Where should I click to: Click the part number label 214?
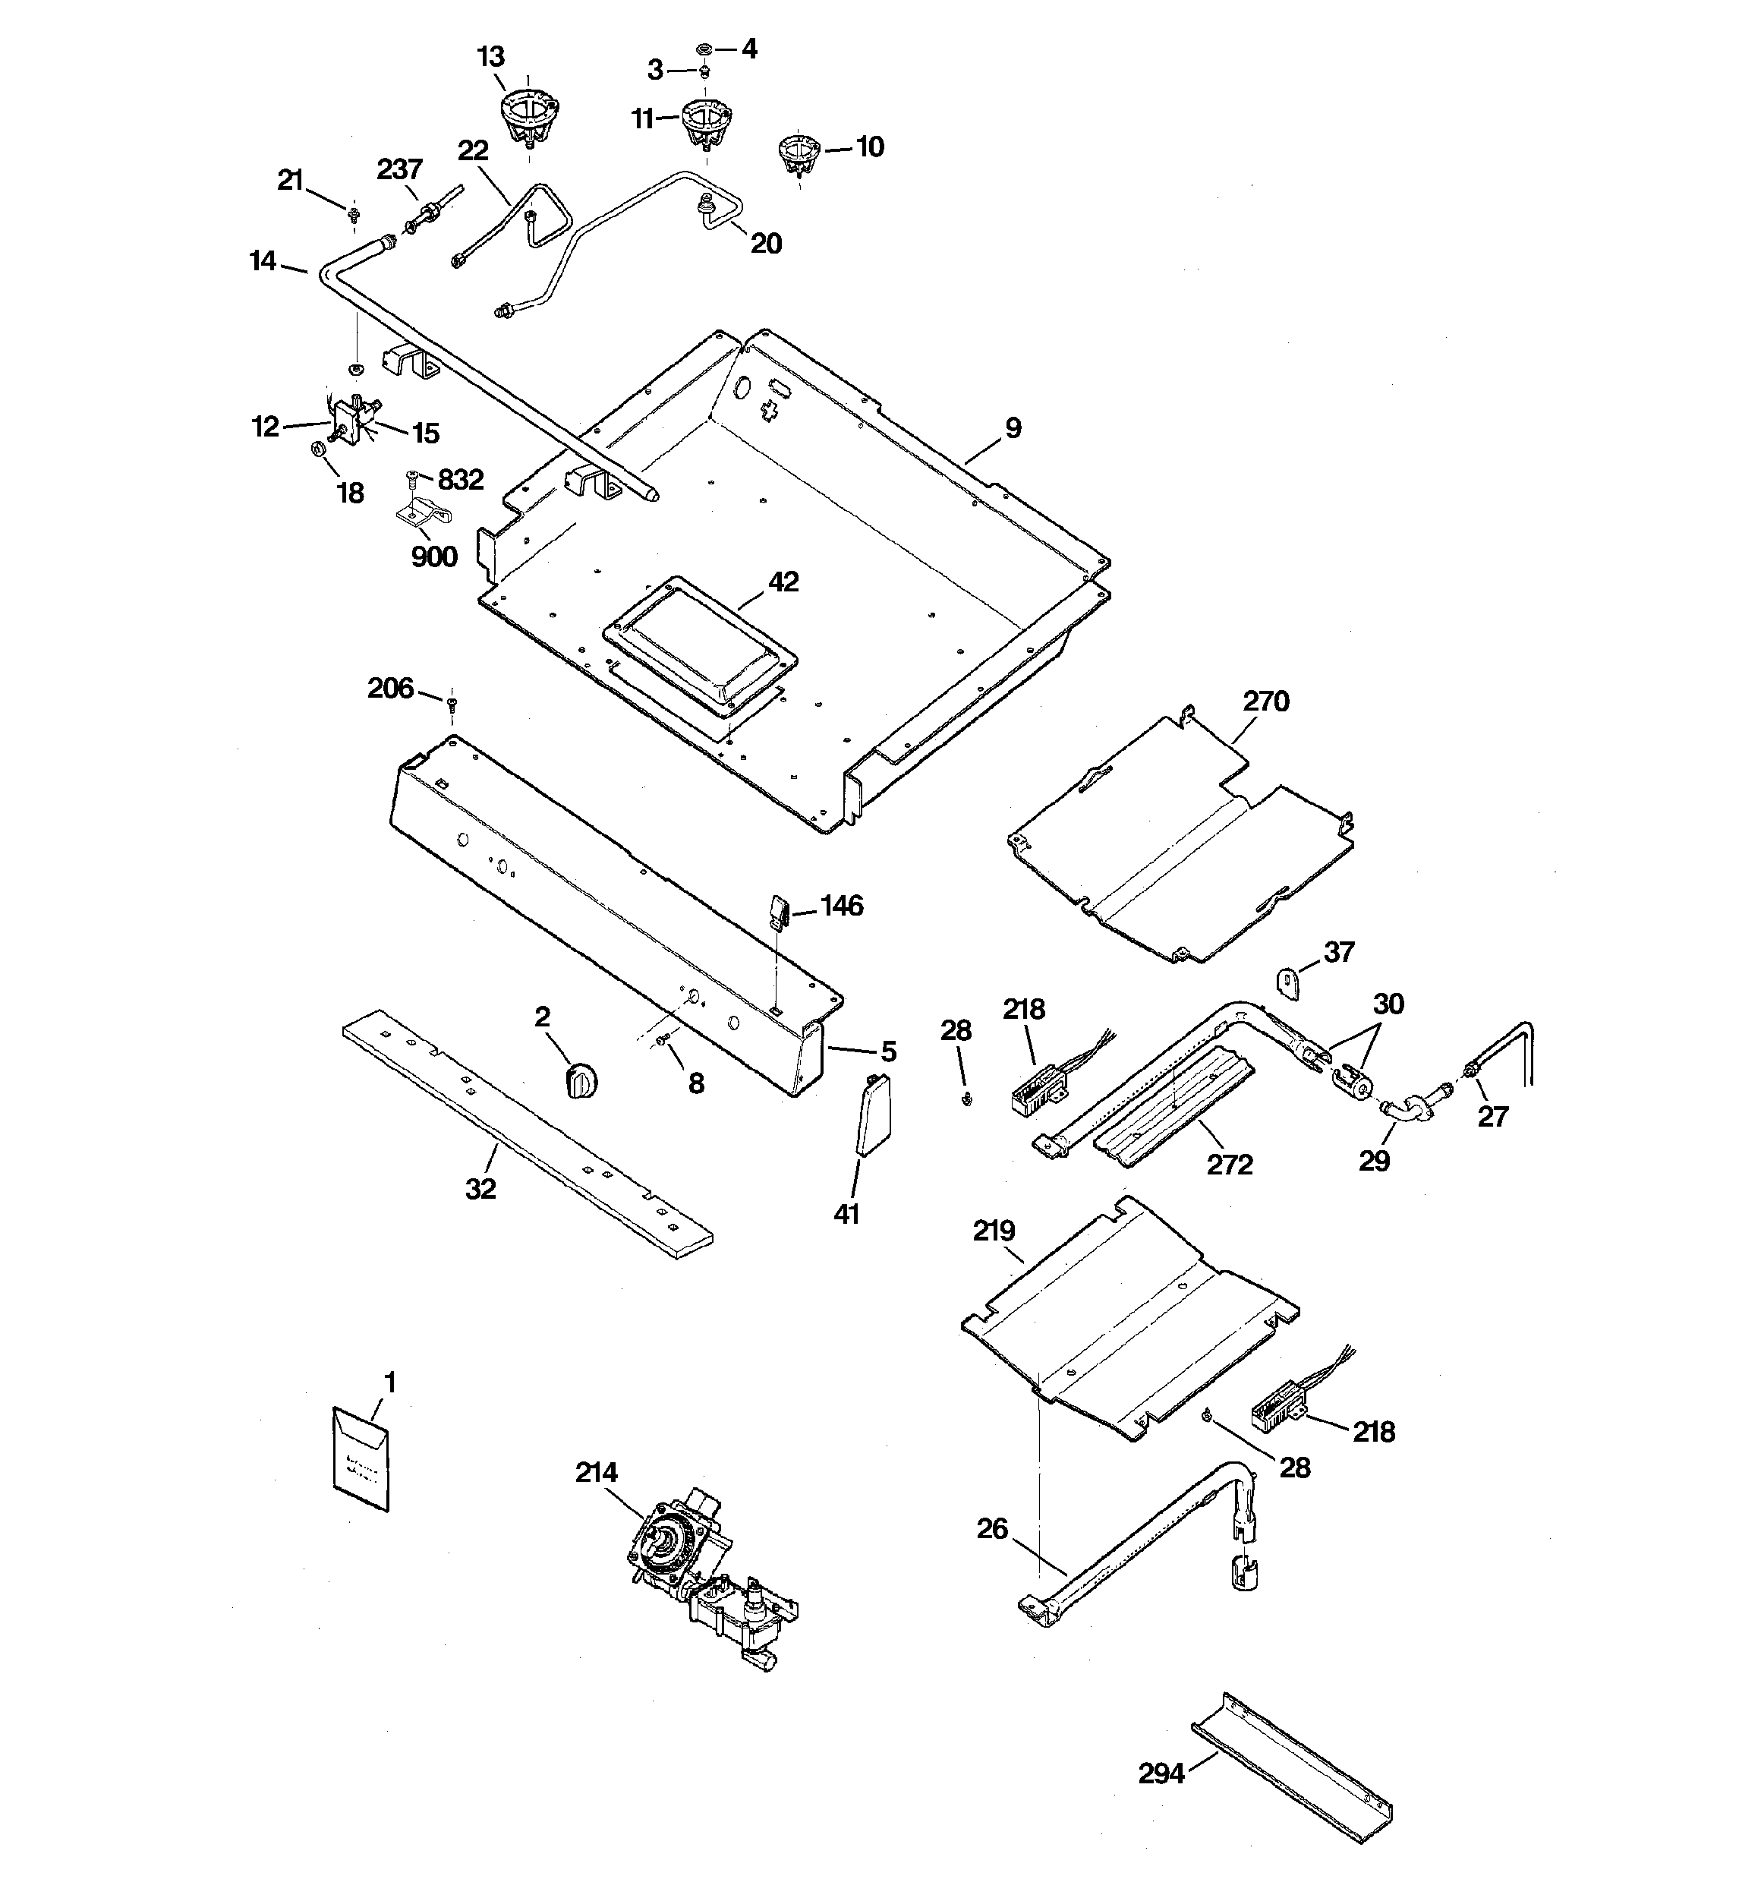coord(597,1473)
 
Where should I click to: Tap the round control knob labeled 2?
coord(581,1080)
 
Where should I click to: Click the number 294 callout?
coord(1161,1774)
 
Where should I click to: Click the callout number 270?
coord(1265,701)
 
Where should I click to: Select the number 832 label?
coord(460,479)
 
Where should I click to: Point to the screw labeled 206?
coord(453,703)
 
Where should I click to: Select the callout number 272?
coord(1230,1165)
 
